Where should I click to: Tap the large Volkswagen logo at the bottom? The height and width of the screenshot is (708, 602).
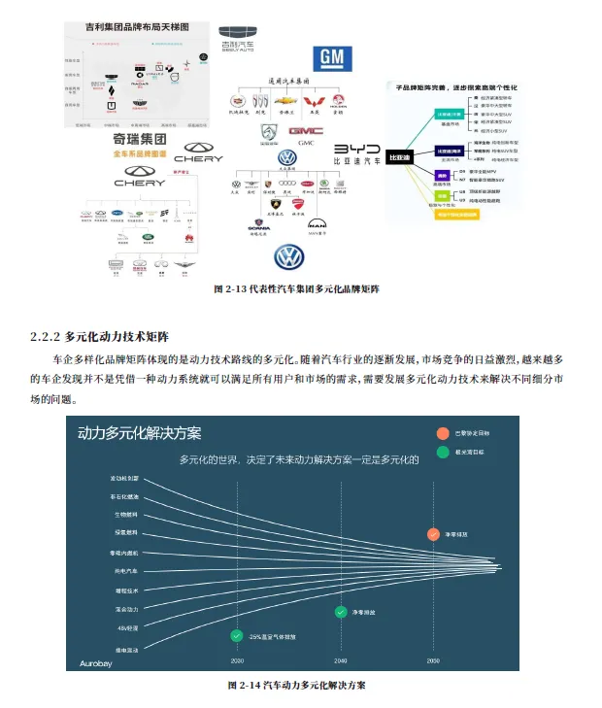289,257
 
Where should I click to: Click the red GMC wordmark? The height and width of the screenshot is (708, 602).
305,129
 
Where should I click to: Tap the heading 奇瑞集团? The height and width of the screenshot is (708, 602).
141,140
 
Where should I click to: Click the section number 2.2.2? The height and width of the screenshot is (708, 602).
47,337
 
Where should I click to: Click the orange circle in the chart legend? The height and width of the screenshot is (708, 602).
443,433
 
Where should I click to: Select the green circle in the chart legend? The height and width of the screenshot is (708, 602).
443,452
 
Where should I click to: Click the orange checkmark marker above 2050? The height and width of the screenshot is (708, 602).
432,533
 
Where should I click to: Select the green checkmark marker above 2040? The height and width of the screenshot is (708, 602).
340,612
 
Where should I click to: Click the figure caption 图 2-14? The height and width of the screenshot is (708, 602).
295,685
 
